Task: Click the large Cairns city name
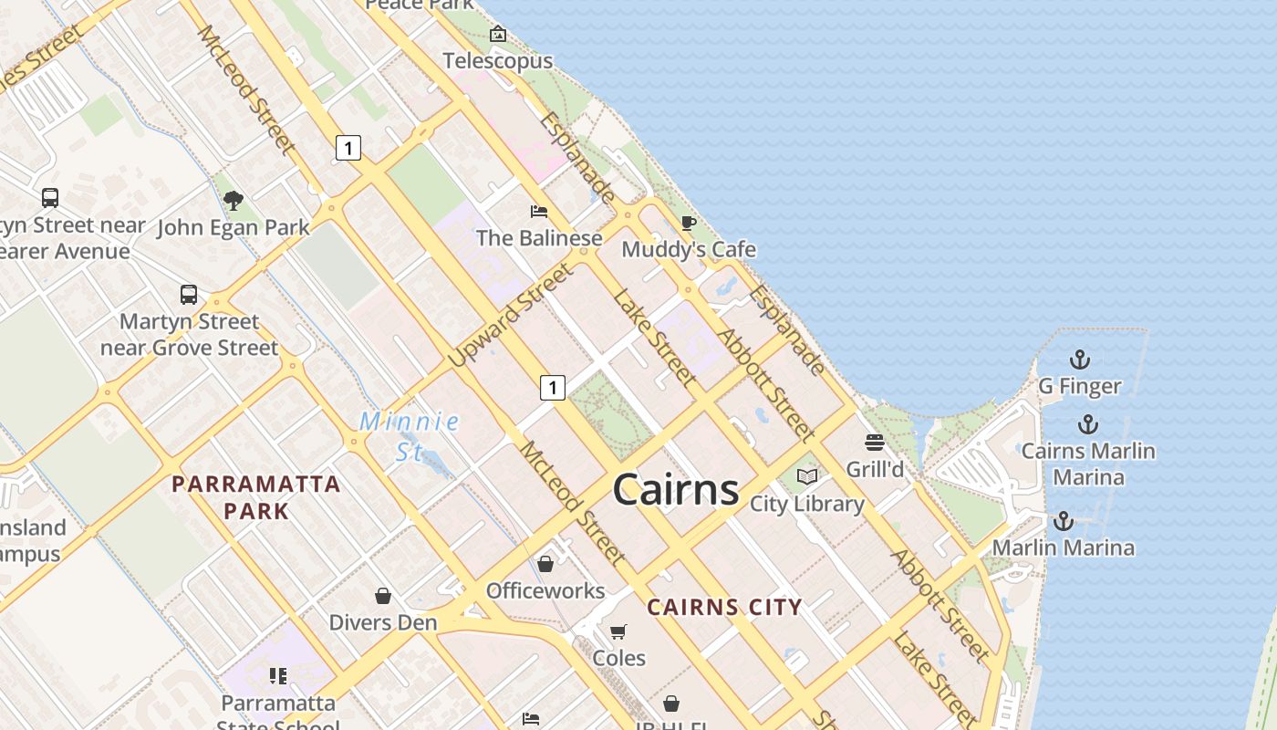tap(675, 490)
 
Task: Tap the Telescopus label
tap(498, 61)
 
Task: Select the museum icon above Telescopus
tap(498, 35)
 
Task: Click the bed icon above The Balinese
tap(539, 212)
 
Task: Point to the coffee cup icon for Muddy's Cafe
tap(689, 223)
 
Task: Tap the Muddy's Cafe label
tap(689, 249)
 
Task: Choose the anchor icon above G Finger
tap(1080, 360)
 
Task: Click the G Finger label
tap(1080, 386)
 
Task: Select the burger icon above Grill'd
tap(875, 443)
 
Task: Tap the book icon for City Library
tap(807, 476)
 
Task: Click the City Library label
tap(807, 504)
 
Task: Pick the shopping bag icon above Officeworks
tap(545, 564)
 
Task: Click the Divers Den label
tap(383, 622)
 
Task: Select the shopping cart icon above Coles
tap(618, 631)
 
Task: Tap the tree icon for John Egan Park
tap(234, 200)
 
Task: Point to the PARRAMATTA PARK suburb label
tap(256, 497)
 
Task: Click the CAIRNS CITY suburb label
tap(725, 607)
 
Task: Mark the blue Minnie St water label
tap(410, 436)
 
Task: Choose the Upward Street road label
tap(512, 316)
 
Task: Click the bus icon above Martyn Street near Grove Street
tap(189, 295)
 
